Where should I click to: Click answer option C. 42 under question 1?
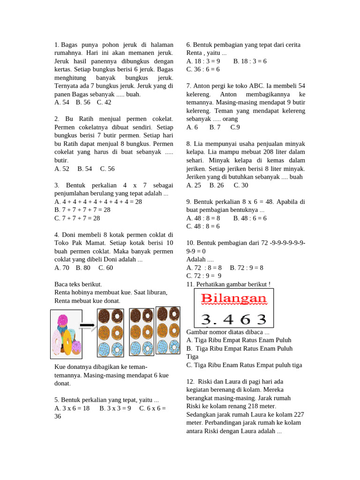tap(104, 102)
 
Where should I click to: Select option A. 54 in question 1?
tap(62, 102)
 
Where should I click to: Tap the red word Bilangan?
tap(233, 299)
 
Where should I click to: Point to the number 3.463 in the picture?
tap(233, 319)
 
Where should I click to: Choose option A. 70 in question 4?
tap(62, 268)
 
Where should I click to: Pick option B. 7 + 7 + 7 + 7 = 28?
tap(82, 210)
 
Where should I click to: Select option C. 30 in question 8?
tap(241, 185)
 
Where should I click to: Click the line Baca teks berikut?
tap(78, 284)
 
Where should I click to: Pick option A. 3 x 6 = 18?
tap(72, 408)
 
